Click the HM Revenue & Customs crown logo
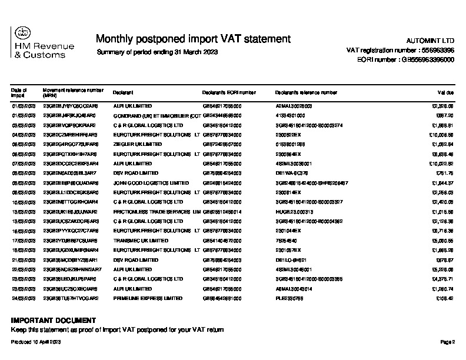(x=21, y=34)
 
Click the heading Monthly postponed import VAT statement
(x=193, y=39)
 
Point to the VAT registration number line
(x=400, y=51)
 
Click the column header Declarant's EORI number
(x=229, y=93)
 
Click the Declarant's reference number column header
(x=306, y=93)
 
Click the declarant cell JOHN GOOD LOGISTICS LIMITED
(x=147, y=183)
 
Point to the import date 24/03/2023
(x=24, y=298)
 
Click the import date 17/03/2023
(x=24, y=241)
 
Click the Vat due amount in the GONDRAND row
(x=444, y=115)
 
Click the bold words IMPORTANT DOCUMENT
(x=54, y=321)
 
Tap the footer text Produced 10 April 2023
(x=36, y=342)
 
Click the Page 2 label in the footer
(x=448, y=342)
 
